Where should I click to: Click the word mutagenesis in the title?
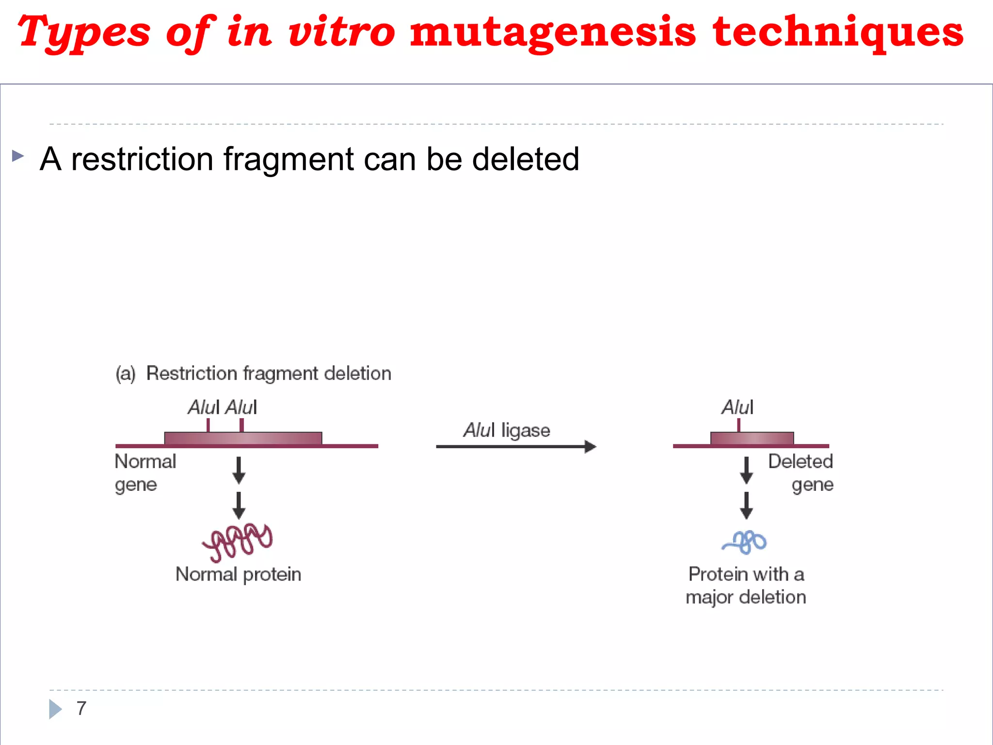point(553,32)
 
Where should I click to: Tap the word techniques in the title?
point(838,32)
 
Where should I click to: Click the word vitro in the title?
point(342,32)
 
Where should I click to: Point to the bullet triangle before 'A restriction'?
point(18,156)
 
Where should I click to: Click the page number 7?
point(81,708)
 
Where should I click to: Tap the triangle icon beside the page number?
point(55,709)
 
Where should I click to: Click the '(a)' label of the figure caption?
point(126,374)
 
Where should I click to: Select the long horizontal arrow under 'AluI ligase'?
point(515,447)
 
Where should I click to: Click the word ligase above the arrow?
point(526,430)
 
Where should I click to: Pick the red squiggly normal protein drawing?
point(238,541)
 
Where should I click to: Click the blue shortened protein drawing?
point(745,542)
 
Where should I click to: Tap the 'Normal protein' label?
point(238,574)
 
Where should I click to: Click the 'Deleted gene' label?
point(801,472)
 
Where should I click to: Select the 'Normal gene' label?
point(144,472)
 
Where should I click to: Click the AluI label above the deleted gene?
point(737,407)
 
